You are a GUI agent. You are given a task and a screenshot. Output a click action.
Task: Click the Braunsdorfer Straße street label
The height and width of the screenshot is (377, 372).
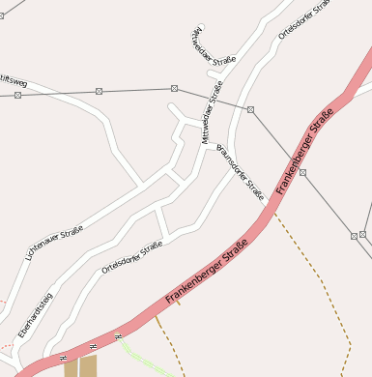tap(242, 172)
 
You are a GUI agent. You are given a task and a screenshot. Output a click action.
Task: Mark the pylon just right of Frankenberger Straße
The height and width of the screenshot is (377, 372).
tap(302, 172)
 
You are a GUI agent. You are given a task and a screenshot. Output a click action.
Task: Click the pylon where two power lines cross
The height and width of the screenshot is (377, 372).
tap(250, 109)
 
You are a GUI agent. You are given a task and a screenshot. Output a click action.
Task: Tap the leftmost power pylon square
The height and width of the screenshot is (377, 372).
tap(17, 96)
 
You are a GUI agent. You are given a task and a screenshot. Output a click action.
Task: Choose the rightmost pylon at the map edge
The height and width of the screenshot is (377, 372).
tap(363, 234)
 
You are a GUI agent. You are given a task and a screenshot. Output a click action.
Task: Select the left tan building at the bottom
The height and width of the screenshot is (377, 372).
tap(71, 368)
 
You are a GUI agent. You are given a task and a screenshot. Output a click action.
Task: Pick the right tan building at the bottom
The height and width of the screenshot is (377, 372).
tap(89, 366)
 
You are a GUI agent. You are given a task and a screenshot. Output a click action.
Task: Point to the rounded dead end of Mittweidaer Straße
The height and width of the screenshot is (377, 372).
tap(201, 28)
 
